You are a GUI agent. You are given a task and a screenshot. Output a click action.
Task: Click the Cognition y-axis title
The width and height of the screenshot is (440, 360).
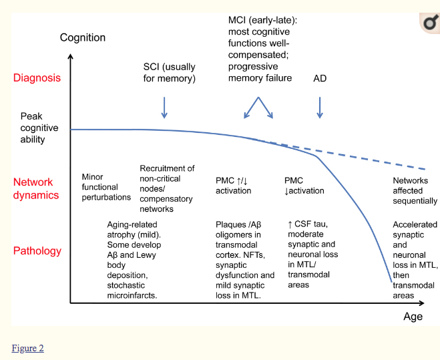[83, 37]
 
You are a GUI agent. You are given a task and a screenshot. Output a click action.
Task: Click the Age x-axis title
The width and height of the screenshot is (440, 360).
[413, 317]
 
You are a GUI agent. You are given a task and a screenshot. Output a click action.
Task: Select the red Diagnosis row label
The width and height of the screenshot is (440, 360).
[37, 77]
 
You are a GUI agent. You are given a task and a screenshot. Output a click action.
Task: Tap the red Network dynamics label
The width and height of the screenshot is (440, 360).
[36, 189]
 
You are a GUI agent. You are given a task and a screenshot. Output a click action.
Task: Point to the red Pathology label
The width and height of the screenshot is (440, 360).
[37, 251]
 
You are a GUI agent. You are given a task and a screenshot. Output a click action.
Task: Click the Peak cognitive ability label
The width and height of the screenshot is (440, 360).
[39, 128]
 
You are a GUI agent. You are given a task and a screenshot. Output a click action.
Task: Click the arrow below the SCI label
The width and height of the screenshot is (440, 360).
[164, 107]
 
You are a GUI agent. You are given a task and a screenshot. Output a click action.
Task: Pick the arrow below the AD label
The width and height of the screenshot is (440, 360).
[320, 107]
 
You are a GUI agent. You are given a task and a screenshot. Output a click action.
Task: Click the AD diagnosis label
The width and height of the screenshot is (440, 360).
[320, 78]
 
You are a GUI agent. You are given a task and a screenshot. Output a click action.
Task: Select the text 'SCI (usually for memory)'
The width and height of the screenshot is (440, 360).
[170, 73]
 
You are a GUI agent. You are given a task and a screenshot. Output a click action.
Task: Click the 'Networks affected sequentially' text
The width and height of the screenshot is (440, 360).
[415, 190]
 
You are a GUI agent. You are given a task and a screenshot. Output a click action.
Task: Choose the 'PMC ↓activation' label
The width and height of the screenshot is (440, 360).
[304, 186]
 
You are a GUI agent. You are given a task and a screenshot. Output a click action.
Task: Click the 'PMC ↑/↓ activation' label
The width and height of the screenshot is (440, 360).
[234, 186]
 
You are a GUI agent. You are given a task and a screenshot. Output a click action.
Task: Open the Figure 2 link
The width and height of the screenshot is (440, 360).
[27, 348]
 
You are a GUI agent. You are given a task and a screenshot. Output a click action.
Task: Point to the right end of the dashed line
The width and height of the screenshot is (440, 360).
[425, 169]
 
